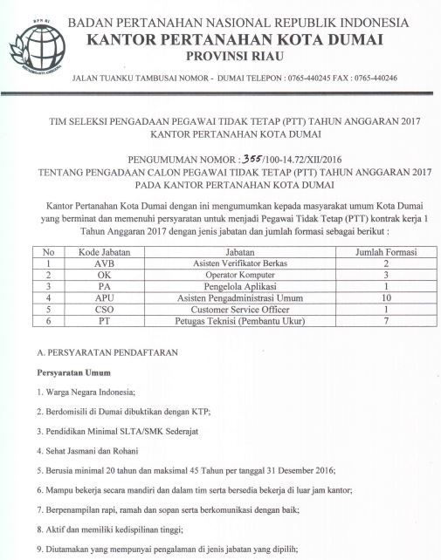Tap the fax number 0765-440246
[x=373, y=79]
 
